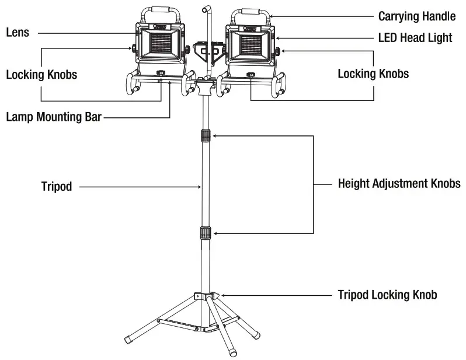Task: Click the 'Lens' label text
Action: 18,33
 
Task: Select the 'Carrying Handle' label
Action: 416,16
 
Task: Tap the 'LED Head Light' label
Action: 415,38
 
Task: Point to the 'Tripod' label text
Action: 57,187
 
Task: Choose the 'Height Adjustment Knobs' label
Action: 399,184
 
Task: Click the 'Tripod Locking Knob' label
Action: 387,295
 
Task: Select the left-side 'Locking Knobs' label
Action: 41,75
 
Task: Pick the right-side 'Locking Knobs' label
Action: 373,74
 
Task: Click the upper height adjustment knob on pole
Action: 205,136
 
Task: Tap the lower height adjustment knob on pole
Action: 205,233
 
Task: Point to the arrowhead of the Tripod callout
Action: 200,187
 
